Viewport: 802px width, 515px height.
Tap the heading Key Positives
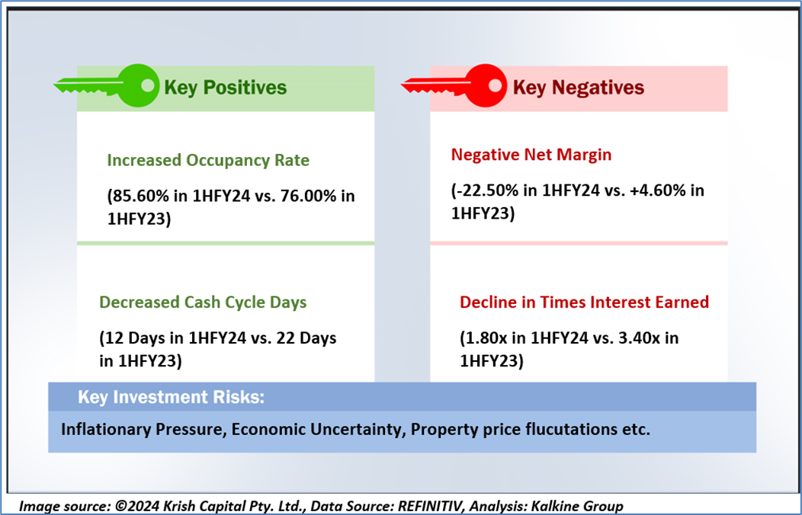225,88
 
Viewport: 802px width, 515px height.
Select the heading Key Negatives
578,88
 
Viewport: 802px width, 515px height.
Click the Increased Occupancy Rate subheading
208,161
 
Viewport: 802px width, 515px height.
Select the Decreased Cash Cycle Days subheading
203,302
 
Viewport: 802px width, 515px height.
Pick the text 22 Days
306,338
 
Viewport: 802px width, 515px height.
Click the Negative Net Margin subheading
531,155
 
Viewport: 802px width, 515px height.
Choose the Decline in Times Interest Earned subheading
584,302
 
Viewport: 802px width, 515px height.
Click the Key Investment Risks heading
171,397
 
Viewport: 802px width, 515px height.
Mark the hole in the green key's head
147,85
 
